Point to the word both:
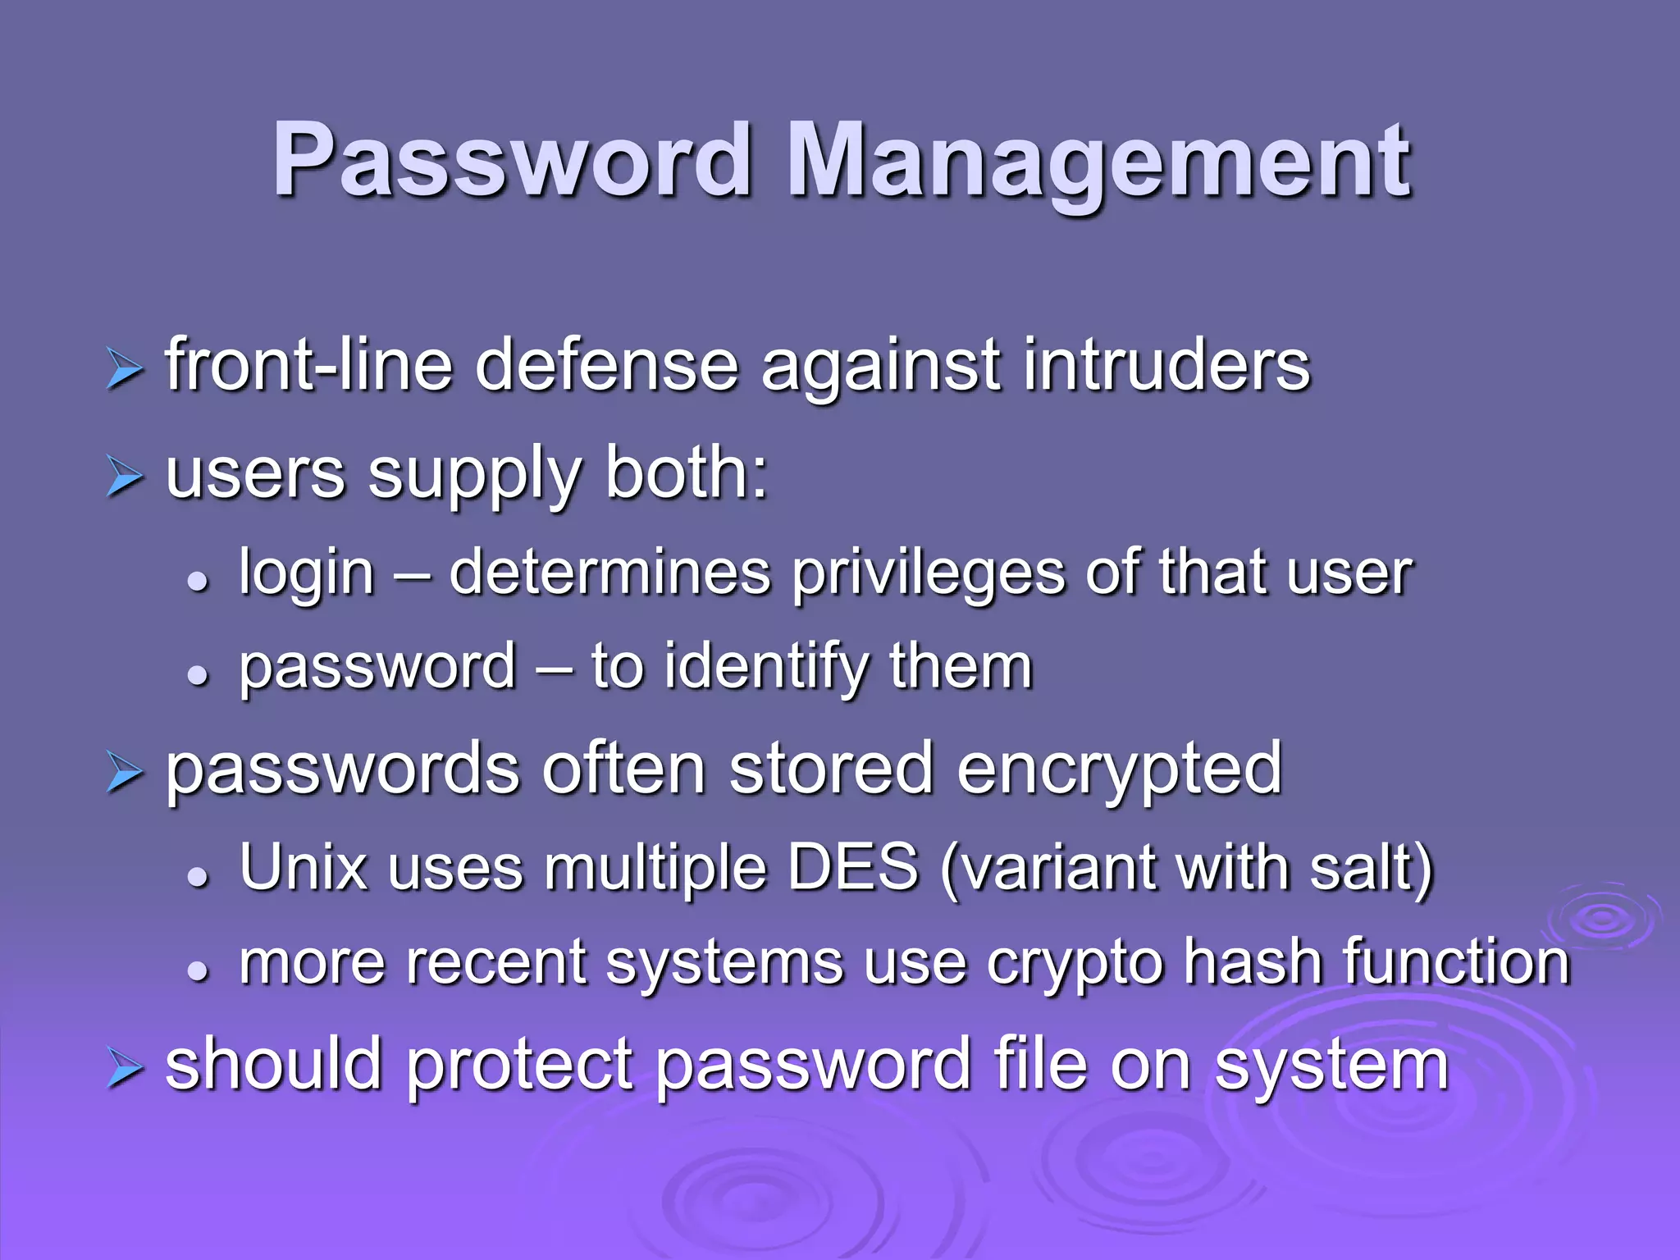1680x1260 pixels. click(x=687, y=474)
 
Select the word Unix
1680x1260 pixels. click(x=303, y=868)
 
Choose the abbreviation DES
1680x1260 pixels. click(x=853, y=868)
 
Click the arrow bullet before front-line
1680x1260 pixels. click(x=125, y=369)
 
